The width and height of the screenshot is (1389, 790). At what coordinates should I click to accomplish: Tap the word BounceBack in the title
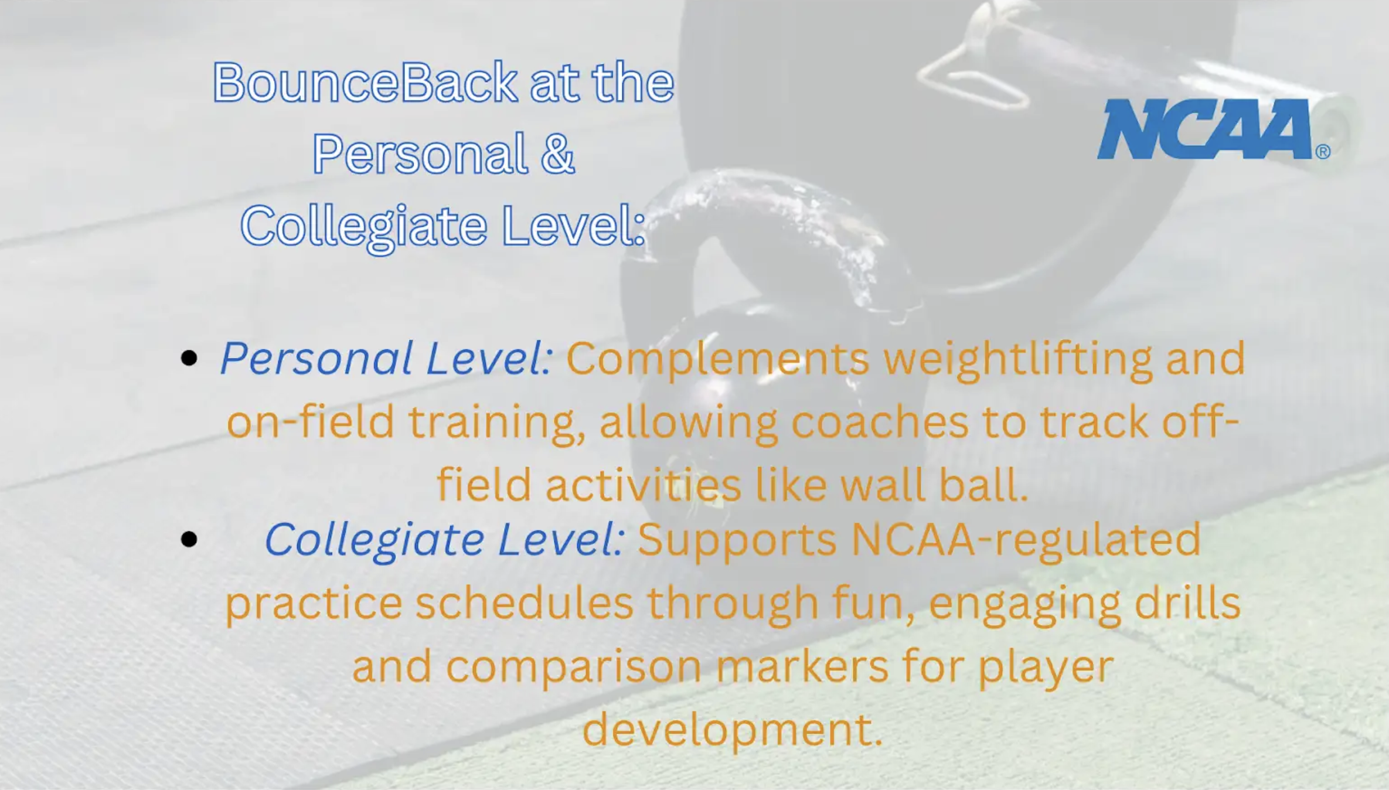click(365, 81)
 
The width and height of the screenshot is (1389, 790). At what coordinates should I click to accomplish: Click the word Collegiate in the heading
click(364, 227)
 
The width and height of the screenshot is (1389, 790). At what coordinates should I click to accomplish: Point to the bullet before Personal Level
click(189, 357)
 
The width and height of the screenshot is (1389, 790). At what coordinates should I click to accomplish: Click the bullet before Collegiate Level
click(189, 539)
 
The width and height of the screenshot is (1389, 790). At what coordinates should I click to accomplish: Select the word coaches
click(880, 422)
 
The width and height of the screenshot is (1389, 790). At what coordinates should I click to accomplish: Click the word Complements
click(717, 359)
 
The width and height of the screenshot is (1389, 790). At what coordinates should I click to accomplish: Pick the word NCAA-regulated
click(1026, 540)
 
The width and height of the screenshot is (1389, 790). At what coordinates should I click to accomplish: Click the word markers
click(802, 666)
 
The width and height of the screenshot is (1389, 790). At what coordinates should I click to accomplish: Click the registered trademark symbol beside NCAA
click(1323, 152)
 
